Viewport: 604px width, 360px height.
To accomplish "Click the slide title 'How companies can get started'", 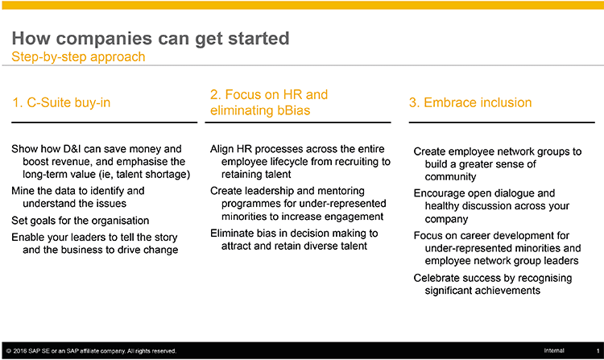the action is tap(151, 39).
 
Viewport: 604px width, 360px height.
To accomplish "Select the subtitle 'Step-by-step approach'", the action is tap(79, 57).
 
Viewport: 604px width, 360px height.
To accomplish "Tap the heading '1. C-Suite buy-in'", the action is tap(62, 103).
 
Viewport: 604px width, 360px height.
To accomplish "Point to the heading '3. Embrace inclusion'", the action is tap(470, 102).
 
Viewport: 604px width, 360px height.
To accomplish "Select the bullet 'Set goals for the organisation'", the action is tap(80, 221).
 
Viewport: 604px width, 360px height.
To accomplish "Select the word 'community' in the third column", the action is tap(451, 177).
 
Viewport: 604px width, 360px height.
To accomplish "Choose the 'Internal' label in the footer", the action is tap(554, 351).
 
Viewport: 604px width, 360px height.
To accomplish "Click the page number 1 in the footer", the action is tap(598, 351).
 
